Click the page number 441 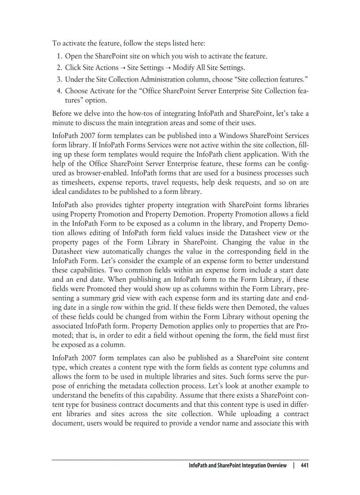click(304, 465)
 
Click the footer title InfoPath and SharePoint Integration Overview click(237, 465)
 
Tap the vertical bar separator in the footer click(293, 465)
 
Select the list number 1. click(59, 56)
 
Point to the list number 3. click(59, 79)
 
